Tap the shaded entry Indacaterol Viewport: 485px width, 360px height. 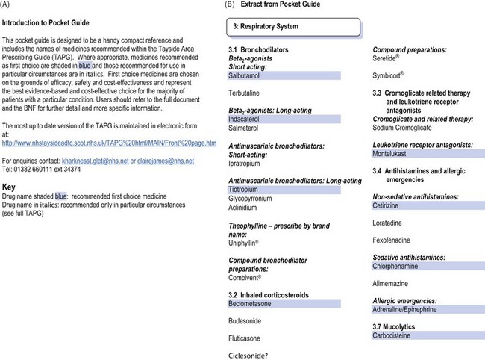pos(248,119)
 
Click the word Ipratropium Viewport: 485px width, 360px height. pos(248,161)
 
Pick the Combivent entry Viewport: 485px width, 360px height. pos(247,276)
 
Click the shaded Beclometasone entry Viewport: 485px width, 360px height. pos(250,303)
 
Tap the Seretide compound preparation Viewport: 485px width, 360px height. pos(389,58)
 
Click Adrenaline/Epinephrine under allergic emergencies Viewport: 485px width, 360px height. pos(409,308)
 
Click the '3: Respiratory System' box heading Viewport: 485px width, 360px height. pos(266,26)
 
